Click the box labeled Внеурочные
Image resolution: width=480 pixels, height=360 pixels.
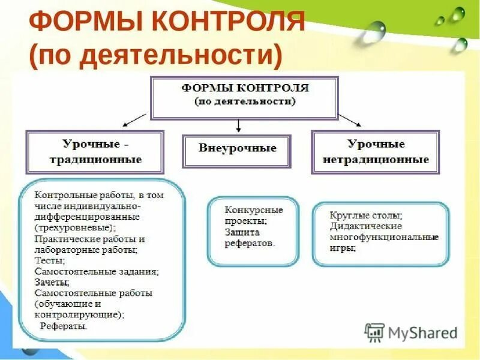point(238,148)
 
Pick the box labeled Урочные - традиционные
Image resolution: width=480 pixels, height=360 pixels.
point(94,152)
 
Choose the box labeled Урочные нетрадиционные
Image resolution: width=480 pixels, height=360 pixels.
point(376,152)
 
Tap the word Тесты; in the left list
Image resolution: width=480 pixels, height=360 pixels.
point(50,261)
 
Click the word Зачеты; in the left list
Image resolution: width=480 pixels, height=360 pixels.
point(52,282)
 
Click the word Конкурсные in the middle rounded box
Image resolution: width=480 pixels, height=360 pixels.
point(254,211)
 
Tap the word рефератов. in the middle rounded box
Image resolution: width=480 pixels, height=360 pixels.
point(250,244)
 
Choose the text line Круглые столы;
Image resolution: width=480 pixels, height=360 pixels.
point(365,215)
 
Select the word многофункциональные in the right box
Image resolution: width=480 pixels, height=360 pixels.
point(384,237)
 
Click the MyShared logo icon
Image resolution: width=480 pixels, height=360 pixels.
point(375,332)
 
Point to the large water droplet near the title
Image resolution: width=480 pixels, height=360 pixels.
point(374,31)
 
